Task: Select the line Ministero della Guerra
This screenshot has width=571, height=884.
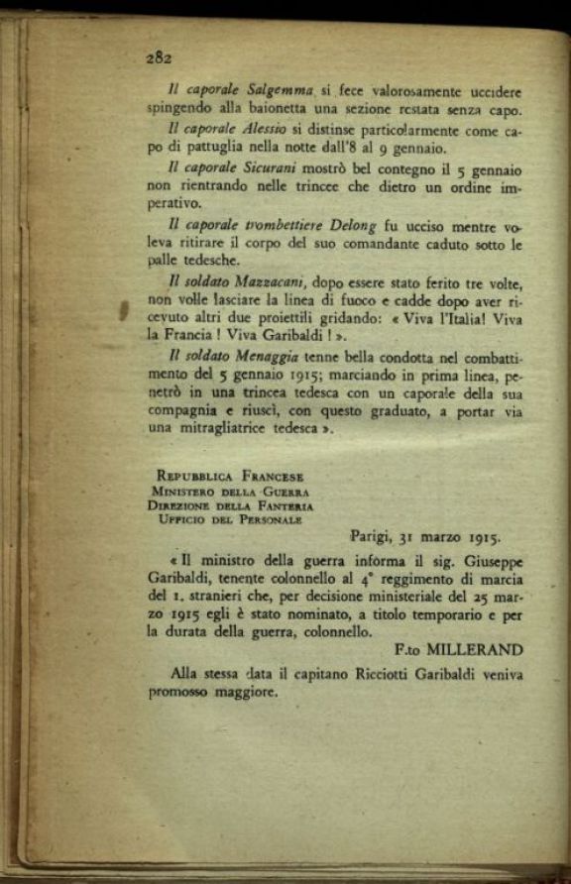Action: (231, 490)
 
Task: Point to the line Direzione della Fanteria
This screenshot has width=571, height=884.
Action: (233, 504)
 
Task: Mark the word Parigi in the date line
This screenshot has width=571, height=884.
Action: (371, 537)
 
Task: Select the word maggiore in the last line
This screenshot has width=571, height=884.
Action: (245, 693)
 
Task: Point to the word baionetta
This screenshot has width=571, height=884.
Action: (266, 109)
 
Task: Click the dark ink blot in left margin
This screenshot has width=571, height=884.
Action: (124, 313)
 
